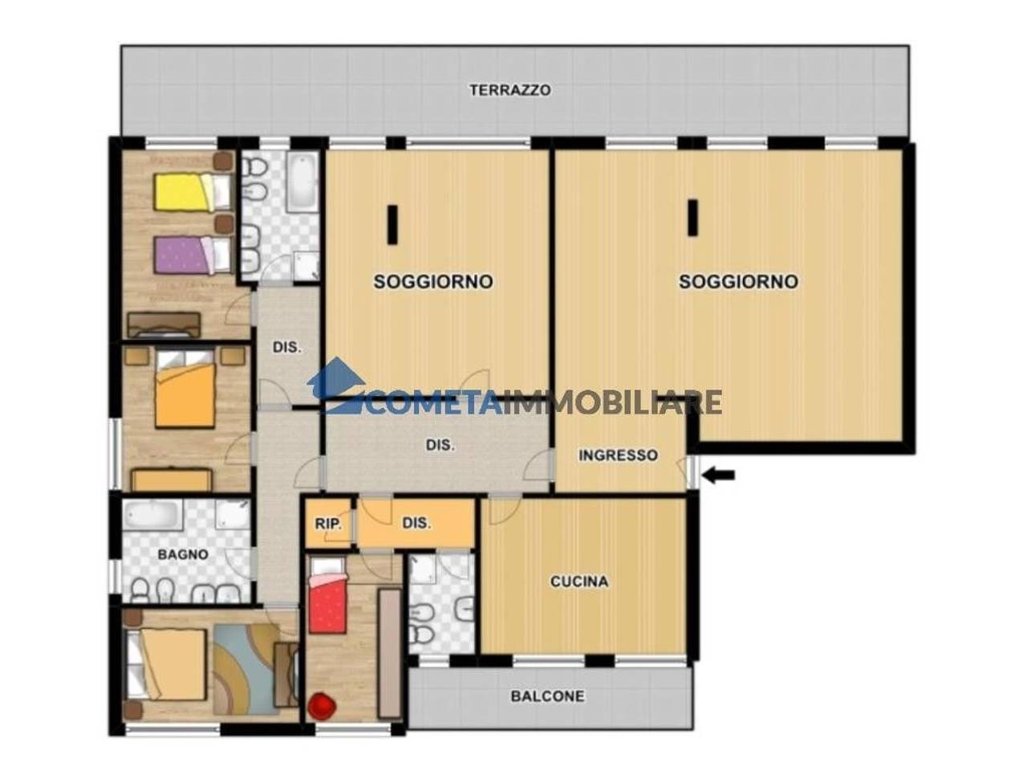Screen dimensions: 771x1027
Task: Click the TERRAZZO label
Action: tap(510, 90)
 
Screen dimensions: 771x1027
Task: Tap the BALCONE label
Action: tap(548, 696)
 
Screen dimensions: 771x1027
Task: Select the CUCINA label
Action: tap(578, 581)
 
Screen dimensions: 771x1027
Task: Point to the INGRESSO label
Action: tap(619, 455)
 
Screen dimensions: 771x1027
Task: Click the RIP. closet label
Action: tap(328, 524)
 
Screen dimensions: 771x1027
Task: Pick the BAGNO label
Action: tap(182, 554)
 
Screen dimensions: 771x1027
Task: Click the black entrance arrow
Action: tap(719, 475)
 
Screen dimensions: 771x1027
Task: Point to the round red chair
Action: tap(322, 706)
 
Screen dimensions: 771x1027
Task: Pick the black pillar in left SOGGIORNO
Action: tap(392, 225)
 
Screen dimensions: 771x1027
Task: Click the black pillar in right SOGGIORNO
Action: tap(692, 218)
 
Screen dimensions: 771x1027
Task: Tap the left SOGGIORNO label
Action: tap(433, 282)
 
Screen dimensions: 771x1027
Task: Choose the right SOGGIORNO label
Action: tap(738, 282)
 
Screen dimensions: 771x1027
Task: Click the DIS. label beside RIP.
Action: tap(416, 524)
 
